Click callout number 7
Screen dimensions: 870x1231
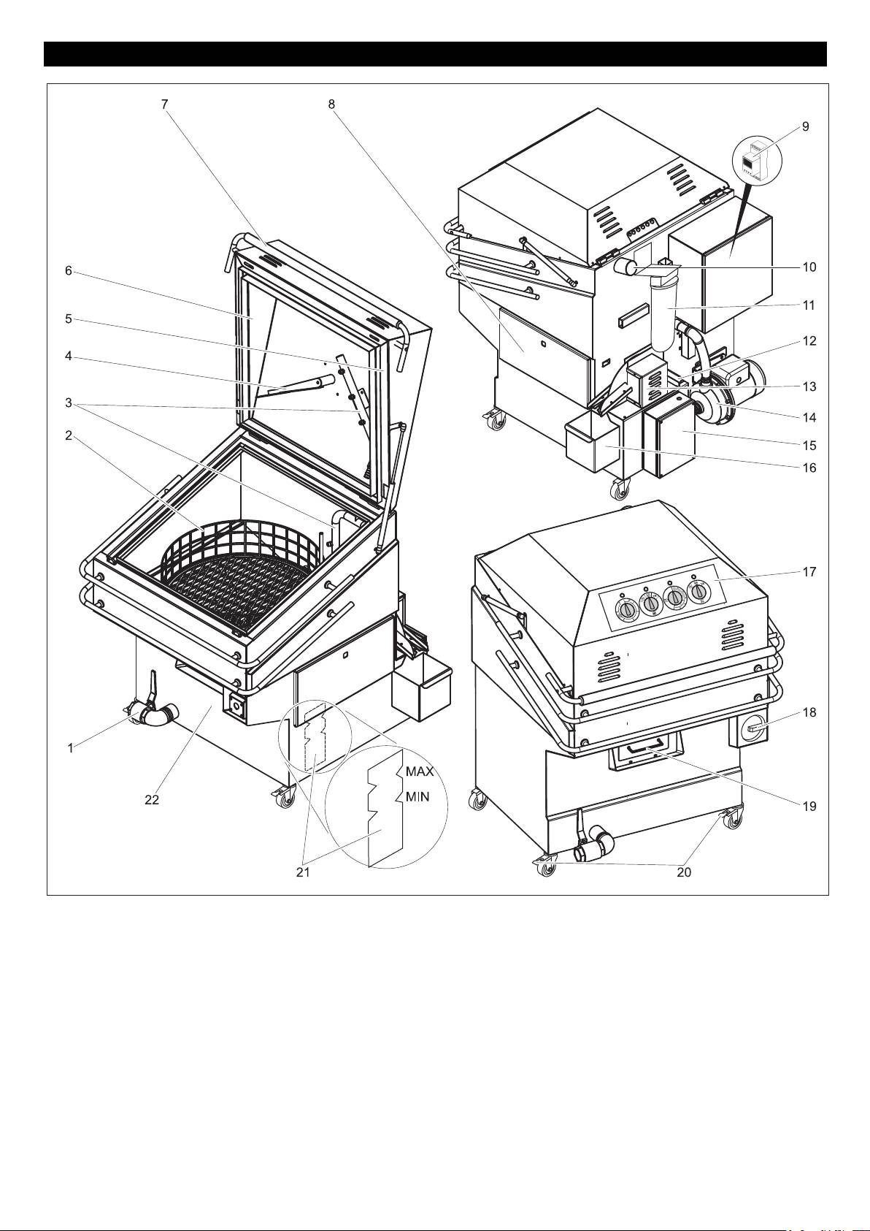click(165, 104)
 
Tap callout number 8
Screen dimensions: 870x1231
click(331, 104)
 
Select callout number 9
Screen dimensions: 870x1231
click(805, 126)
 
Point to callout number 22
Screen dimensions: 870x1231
click(152, 800)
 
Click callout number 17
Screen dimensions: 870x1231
click(809, 572)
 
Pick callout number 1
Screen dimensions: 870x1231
click(70, 748)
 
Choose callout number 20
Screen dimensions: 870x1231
click(684, 872)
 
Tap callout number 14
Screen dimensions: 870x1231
click(809, 418)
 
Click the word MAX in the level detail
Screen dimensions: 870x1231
click(420, 771)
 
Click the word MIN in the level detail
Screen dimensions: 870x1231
click(417, 796)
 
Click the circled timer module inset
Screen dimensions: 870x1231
click(758, 160)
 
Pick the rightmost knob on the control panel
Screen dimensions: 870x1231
click(698, 592)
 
